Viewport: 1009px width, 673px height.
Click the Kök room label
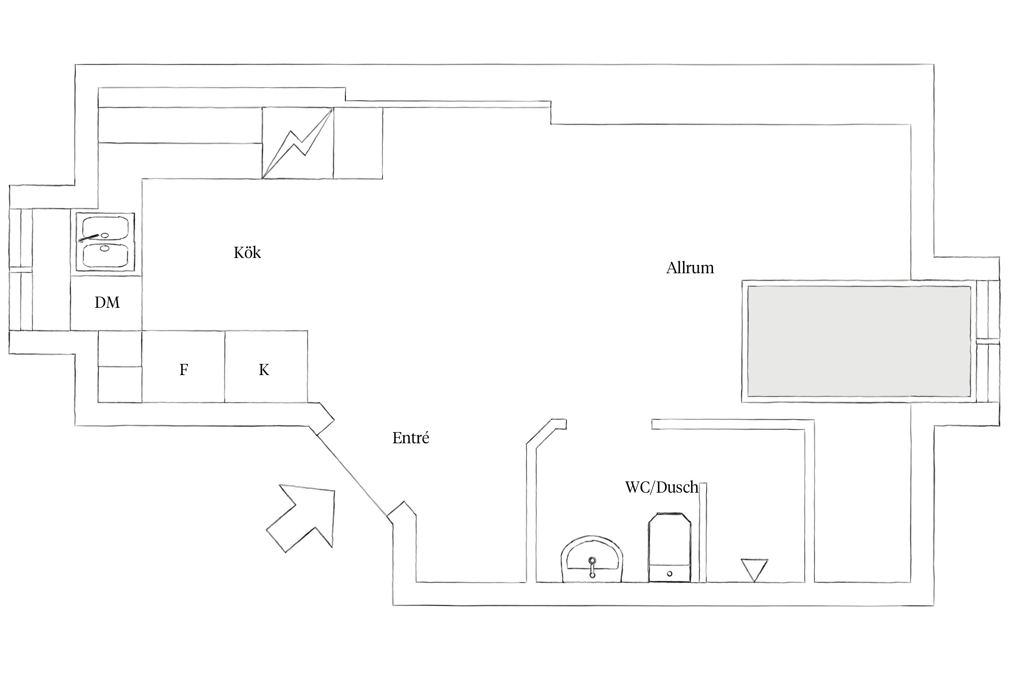pyautogui.click(x=247, y=253)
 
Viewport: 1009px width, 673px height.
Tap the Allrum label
pyautogui.click(x=690, y=268)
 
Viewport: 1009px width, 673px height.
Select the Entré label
pyautogui.click(x=411, y=438)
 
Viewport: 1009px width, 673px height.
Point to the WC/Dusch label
pyautogui.click(x=661, y=487)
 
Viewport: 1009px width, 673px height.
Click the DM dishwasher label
pyautogui.click(x=107, y=303)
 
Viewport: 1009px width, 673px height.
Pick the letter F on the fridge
pyautogui.click(x=183, y=370)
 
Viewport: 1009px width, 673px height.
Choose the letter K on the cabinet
pyautogui.click(x=264, y=370)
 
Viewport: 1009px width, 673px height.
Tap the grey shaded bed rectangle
pyautogui.click(x=859, y=341)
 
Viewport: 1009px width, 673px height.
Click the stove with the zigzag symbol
pyautogui.click(x=298, y=143)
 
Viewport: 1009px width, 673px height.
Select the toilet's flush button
pyautogui.click(x=670, y=573)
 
